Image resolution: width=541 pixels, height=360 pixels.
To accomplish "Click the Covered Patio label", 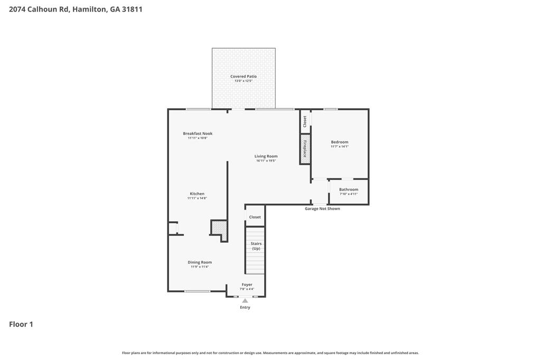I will tap(243, 77).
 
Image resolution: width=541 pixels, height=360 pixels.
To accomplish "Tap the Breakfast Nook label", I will tap(198, 134).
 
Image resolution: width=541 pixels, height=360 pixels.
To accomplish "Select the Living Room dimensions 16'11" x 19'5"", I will tap(266, 160).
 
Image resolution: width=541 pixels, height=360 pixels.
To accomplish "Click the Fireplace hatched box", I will tap(305, 149).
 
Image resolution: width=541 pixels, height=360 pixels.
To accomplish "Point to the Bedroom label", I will tap(340, 142).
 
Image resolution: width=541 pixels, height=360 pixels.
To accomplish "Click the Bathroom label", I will tap(349, 190).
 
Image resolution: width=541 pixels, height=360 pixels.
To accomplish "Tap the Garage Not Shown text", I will tap(322, 209).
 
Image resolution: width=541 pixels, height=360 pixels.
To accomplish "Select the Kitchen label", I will tap(197, 194).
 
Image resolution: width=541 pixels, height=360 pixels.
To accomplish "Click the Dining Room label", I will tap(200, 262).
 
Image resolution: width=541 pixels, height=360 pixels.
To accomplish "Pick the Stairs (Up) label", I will tap(256, 246).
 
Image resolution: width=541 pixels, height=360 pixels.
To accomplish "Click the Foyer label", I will tap(247, 285).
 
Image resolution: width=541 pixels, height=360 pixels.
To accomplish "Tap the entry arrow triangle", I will tap(245, 301).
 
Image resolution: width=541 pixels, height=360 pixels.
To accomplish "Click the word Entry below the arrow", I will tap(245, 307).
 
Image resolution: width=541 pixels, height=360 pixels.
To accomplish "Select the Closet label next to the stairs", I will tap(255, 217).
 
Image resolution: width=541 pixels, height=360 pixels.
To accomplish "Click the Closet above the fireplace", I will tap(305, 121).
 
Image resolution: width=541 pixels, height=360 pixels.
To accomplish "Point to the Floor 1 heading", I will tap(21, 324).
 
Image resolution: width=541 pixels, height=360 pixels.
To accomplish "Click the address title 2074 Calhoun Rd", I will tap(76, 9).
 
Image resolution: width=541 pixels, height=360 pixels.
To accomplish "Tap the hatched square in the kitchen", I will tap(219, 228).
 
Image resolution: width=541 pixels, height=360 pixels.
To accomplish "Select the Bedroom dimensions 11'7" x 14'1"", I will tap(340, 146).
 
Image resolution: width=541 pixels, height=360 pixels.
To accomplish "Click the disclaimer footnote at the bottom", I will tap(270, 353).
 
